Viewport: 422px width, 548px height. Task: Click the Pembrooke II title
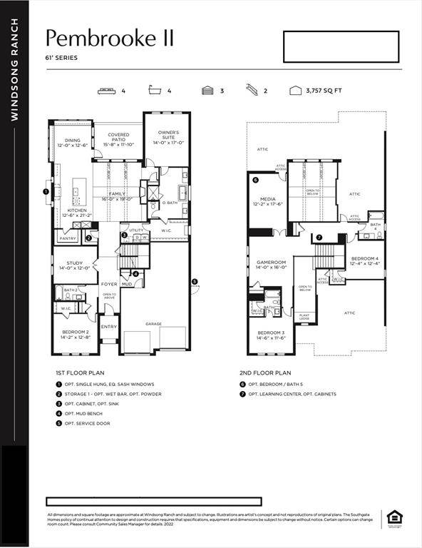click(x=110, y=38)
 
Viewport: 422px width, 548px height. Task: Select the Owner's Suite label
click(x=168, y=136)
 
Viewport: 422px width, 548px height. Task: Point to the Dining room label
click(x=73, y=142)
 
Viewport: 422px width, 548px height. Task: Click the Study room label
click(x=75, y=265)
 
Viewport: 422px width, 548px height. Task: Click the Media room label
click(x=268, y=201)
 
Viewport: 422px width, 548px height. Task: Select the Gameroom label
click(x=270, y=264)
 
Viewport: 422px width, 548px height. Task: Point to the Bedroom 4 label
click(x=364, y=260)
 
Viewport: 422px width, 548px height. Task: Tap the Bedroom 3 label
click(x=272, y=335)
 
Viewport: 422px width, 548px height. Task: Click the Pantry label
click(x=68, y=238)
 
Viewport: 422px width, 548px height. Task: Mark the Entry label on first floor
click(x=108, y=327)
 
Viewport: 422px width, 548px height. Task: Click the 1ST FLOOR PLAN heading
click(x=80, y=372)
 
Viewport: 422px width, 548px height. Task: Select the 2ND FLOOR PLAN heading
click(x=265, y=372)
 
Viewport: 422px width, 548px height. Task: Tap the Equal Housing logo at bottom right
click(x=393, y=518)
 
